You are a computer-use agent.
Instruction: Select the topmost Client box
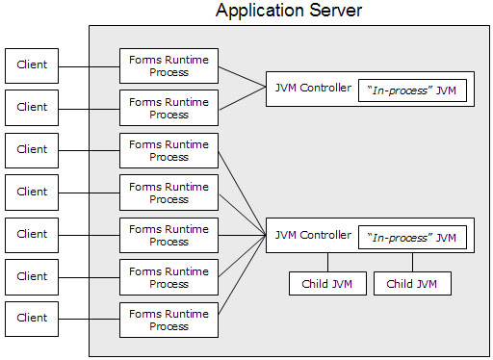(x=32, y=64)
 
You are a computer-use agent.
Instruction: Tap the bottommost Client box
(x=32, y=319)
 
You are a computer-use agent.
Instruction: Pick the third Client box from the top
(x=32, y=149)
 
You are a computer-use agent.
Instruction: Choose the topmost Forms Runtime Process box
(x=169, y=64)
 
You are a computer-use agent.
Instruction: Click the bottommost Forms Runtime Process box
(x=169, y=320)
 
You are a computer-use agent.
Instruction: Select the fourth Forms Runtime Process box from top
(x=169, y=193)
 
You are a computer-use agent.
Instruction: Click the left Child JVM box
(x=327, y=284)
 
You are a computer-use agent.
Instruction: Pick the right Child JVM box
(x=412, y=284)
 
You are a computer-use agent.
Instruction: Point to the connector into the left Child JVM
(x=327, y=263)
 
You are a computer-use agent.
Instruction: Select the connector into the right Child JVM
(x=413, y=263)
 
